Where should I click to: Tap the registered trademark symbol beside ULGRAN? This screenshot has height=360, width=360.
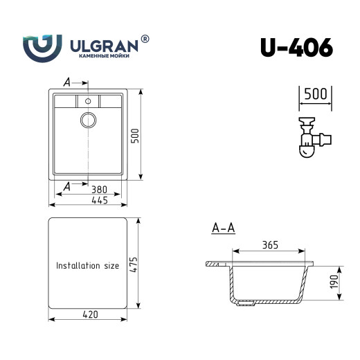145,39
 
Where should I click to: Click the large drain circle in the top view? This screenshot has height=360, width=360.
88,119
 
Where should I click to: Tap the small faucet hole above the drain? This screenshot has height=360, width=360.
88,101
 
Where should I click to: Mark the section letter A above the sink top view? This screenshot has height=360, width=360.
66,82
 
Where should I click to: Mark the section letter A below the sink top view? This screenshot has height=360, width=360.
66,186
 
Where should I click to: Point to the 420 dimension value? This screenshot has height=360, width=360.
90,314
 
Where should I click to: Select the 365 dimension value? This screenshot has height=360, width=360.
271,245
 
